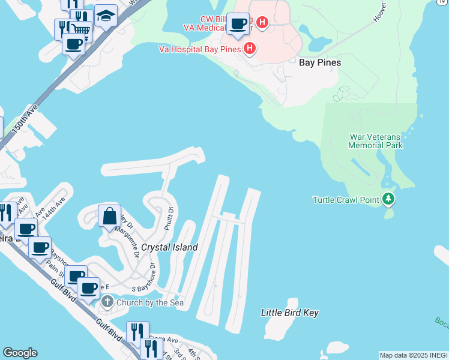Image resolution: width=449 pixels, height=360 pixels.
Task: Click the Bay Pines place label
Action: click(x=320, y=62)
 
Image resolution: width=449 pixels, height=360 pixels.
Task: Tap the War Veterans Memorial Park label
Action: click(x=376, y=140)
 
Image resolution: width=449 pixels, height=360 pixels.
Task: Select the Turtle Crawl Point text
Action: click(x=346, y=200)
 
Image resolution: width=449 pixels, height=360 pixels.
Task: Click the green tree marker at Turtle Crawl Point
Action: click(x=388, y=199)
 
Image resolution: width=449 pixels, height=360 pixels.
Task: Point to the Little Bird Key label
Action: click(x=290, y=313)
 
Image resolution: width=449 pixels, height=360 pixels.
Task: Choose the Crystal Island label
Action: click(x=169, y=247)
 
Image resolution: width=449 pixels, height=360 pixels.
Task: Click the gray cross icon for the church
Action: click(x=107, y=302)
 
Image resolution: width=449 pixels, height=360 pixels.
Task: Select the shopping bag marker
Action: click(x=109, y=216)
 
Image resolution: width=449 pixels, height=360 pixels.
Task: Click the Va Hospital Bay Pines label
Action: click(x=200, y=49)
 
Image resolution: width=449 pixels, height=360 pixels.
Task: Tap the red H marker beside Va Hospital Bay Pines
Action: click(x=250, y=49)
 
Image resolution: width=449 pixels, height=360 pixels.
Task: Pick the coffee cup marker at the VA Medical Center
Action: click(x=238, y=24)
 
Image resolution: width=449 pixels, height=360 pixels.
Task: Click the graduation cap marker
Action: click(x=106, y=17)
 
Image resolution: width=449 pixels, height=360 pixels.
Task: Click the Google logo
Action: click(x=20, y=353)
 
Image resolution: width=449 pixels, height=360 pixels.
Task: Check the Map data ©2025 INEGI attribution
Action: click(x=413, y=355)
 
